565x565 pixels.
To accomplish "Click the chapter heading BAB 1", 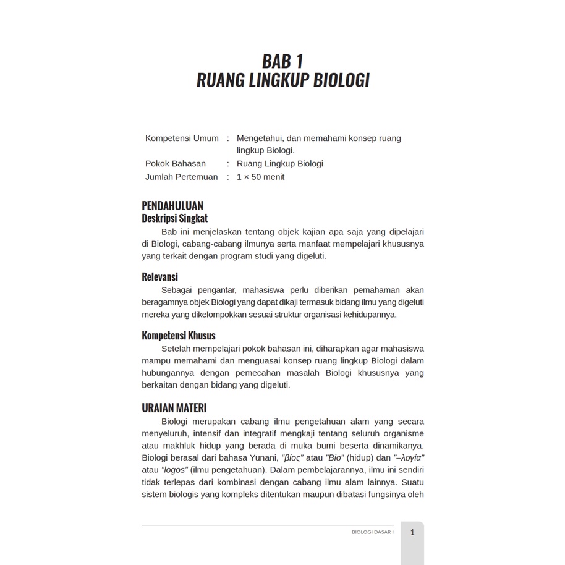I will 282,61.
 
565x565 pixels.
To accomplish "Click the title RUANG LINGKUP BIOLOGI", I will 282,81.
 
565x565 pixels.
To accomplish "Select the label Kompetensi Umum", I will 182,138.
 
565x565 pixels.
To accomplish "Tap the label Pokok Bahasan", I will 176,164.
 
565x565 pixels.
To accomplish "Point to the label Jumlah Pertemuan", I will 182,177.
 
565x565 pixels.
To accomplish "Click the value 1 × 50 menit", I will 260,177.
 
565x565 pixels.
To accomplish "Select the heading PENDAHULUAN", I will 172,206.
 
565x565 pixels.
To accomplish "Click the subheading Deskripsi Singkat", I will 174,218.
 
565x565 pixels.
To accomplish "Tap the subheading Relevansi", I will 159,277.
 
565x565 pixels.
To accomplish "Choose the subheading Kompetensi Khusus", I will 179,336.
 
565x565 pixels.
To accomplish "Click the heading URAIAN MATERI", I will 174,408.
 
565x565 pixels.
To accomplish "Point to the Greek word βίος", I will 292,458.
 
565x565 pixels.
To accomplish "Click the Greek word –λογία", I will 409,458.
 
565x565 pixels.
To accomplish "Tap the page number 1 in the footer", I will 412,532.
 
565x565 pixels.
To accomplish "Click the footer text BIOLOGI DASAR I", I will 372,532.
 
